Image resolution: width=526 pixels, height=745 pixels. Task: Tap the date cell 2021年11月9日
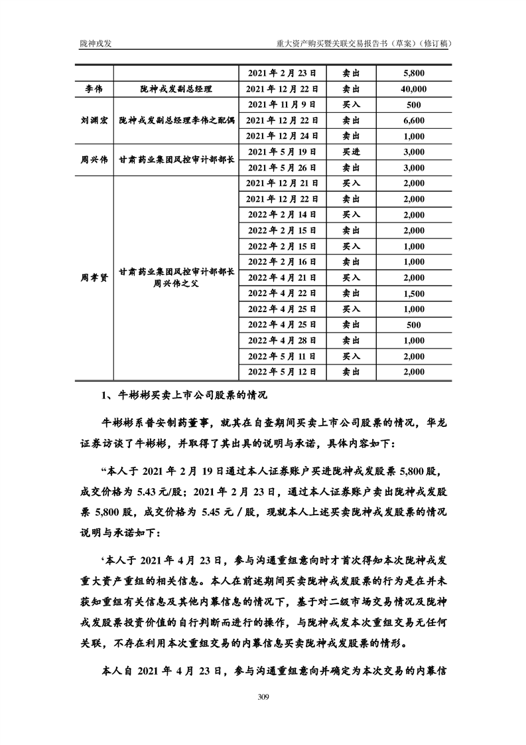[282, 104]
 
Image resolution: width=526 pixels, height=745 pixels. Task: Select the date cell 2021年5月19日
[282, 151]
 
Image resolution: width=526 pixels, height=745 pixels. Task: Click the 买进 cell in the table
[351, 151]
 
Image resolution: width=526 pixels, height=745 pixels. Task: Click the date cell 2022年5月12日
[282, 372]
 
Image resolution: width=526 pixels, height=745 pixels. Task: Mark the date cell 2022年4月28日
[282, 341]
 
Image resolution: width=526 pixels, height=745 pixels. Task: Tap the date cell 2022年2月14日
[282, 214]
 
